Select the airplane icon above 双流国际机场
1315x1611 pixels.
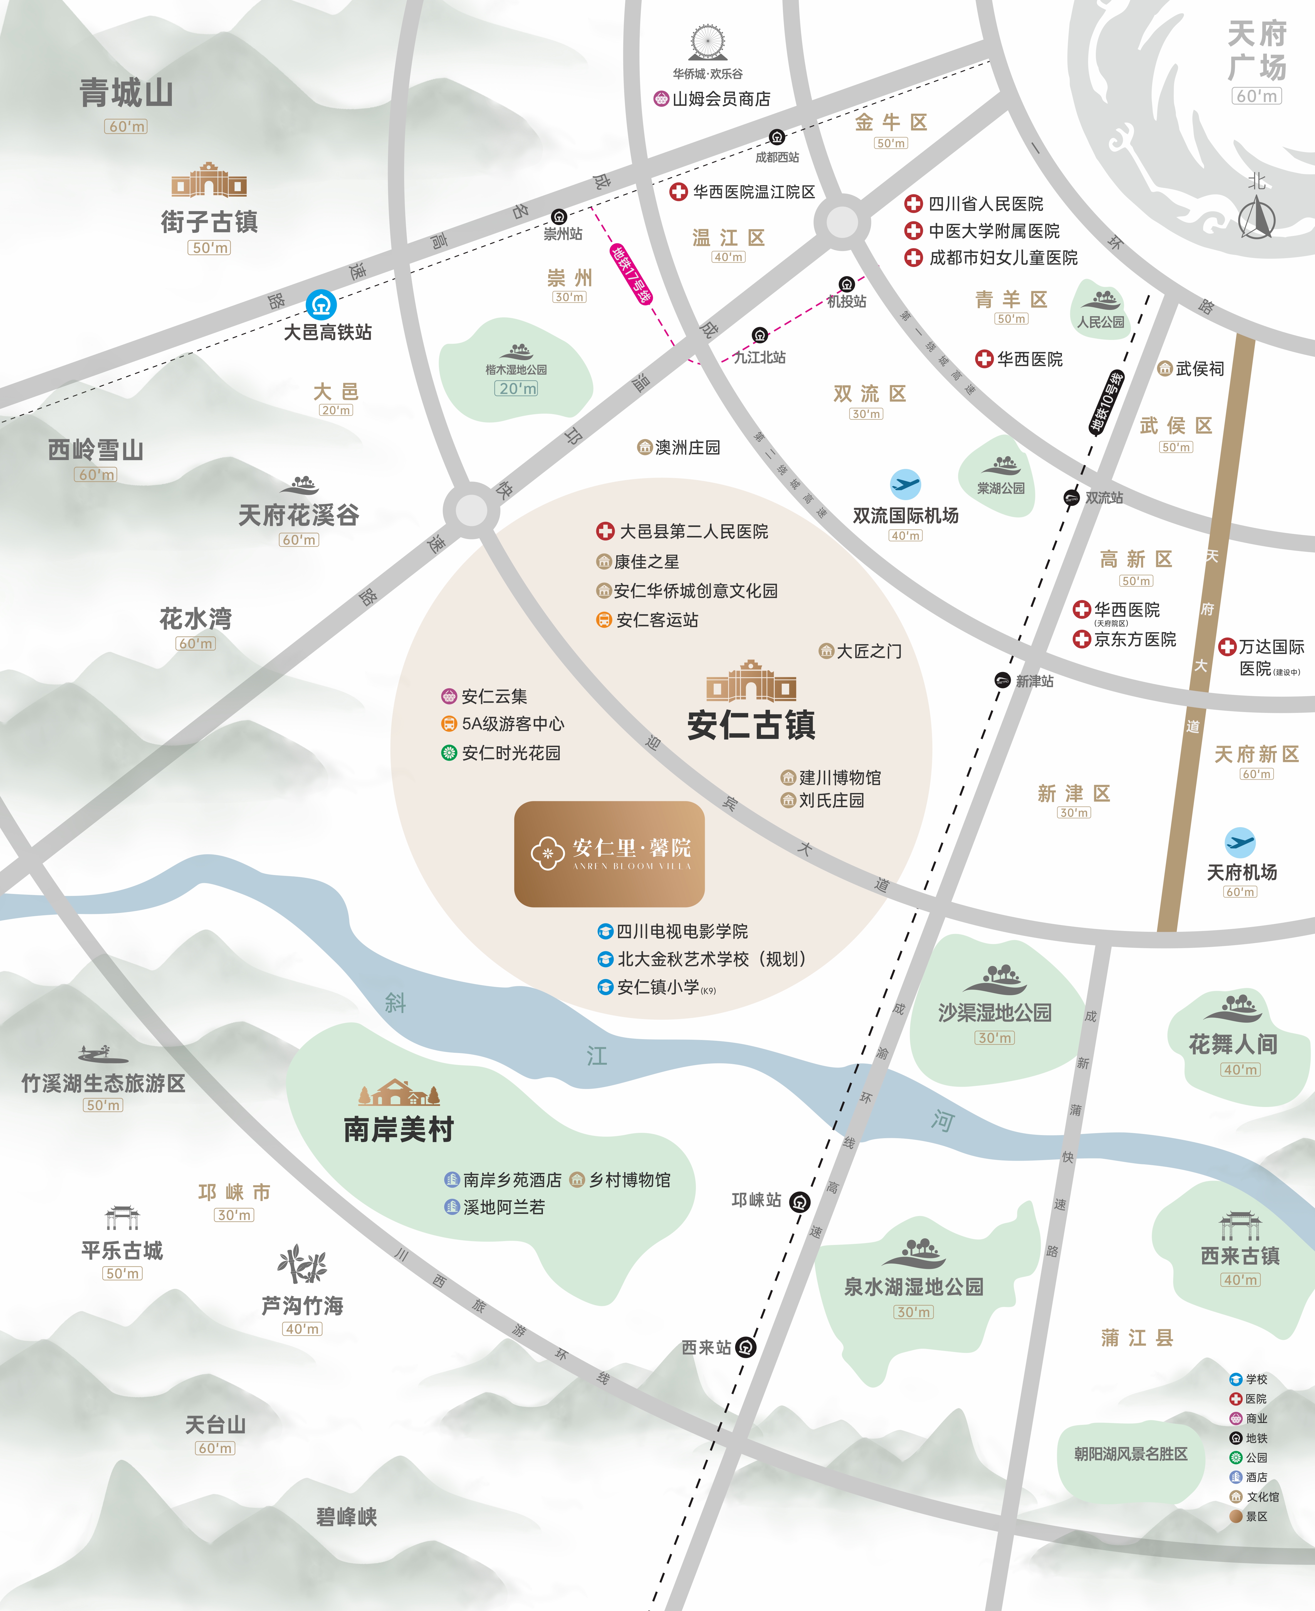905,483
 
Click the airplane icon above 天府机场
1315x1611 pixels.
1240,841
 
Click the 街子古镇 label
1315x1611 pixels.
209,222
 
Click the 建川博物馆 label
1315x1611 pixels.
839,777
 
